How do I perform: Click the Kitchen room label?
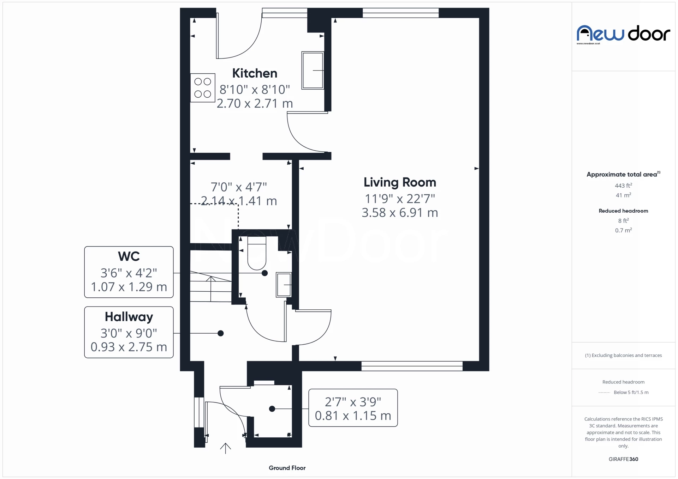pyautogui.click(x=255, y=73)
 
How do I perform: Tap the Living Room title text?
pyautogui.click(x=400, y=182)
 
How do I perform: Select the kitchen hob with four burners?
pyautogui.click(x=203, y=88)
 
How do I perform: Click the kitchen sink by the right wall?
pyautogui.click(x=313, y=71)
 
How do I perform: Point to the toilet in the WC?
pyautogui.click(x=257, y=253)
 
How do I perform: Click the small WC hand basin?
pyautogui.click(x=284, y=285)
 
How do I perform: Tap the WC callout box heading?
pyautogui.click(x=129, y=256)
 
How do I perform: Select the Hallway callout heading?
pyautogui.click(x=129, y=317)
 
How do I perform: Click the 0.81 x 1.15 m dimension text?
pyautogui.click(x=353, y=416)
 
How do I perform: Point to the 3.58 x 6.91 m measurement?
pyautogui.click(x=400, y=213)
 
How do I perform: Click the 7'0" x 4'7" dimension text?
pyautogui.click(x=239, y=187)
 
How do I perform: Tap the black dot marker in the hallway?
pyautogui.click(x=221, y=333)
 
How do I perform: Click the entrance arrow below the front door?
pyautogui.click(x=225, y=448)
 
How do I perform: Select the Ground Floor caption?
pyautogui.click(x=287, y=468)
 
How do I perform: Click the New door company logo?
pyautogui.click(x=623, y=34)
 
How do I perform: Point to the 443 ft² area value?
pyautogui.click(x=623, y=186)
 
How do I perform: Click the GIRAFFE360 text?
pyautogui.click(x=623, y=459)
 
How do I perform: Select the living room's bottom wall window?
pyautogui.click(x=412, y=366)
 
